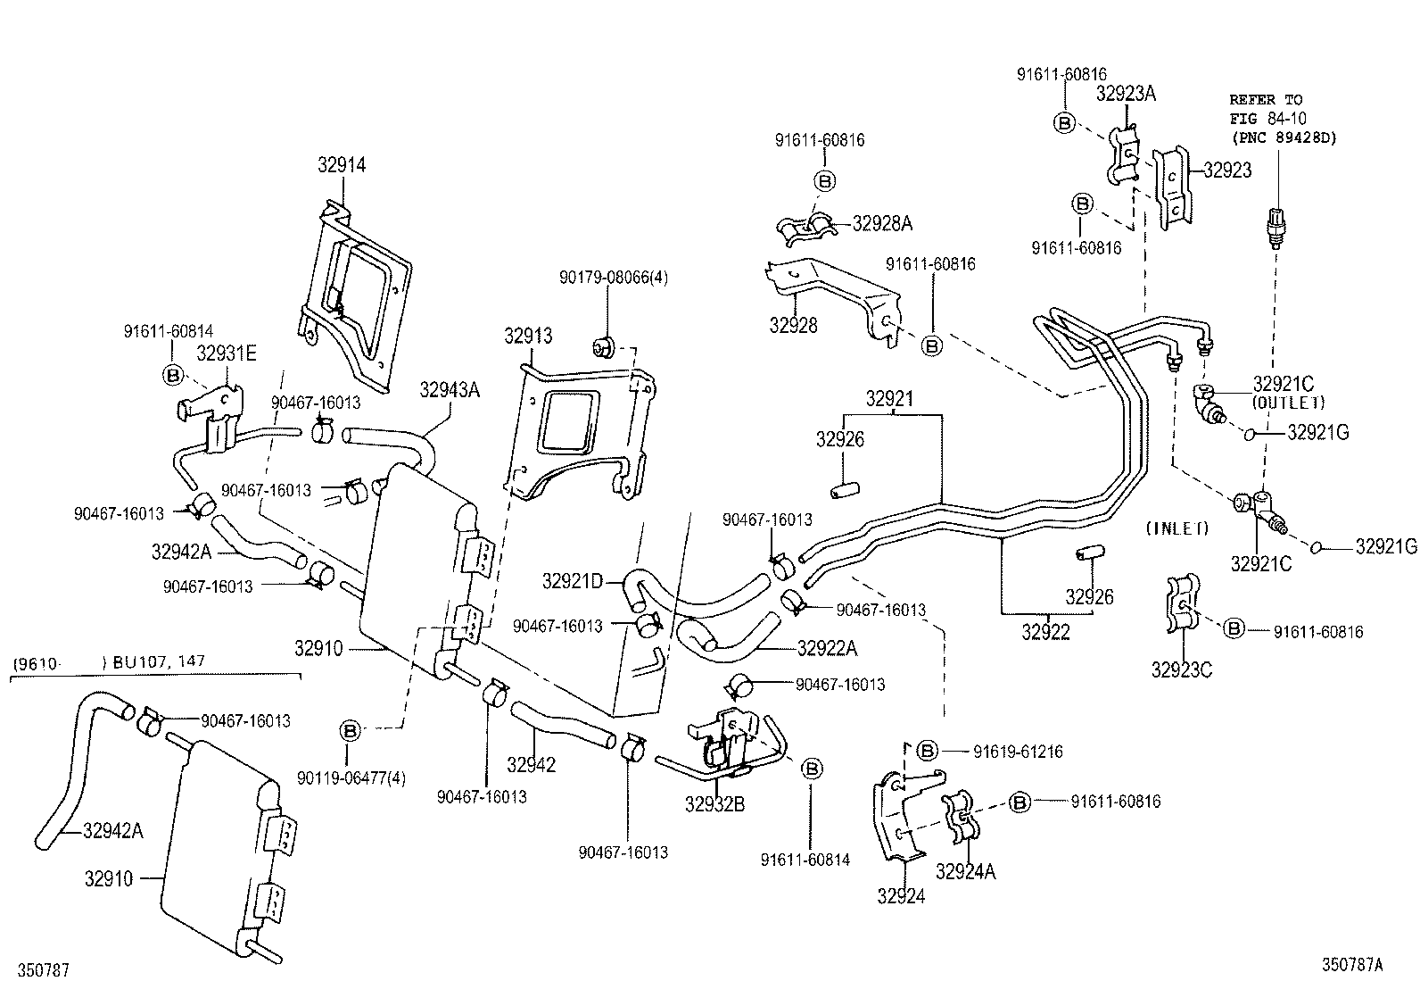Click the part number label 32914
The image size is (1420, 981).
tap(342, 165)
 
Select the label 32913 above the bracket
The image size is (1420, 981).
tap(528, 336)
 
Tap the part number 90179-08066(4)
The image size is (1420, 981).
tap(614, 278)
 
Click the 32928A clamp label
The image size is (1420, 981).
tap(882, 223)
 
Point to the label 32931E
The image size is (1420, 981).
tap(227, 353)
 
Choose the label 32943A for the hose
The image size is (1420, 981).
tap(450, 389)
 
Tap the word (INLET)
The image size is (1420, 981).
tap(1176, 528)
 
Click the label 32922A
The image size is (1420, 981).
tap(827, 648)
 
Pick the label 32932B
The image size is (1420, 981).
tap(714, 803)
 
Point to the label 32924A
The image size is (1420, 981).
tap(965, 871)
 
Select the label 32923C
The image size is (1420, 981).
tap(1181, 669)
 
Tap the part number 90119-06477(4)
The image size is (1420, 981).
tap(351, 777)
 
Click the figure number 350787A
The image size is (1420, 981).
tap(1352, 964)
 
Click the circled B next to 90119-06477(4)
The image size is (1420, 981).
tap(350, 731)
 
